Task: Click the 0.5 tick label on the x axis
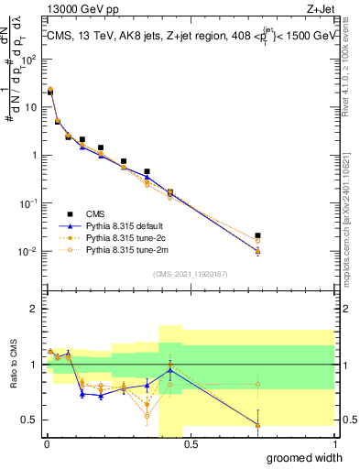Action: [191, 443]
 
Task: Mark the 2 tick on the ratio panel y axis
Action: [33, 310]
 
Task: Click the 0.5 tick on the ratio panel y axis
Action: [29, 420]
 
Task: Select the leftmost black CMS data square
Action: [49, 93]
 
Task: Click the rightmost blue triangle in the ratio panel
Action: [257, 425]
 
